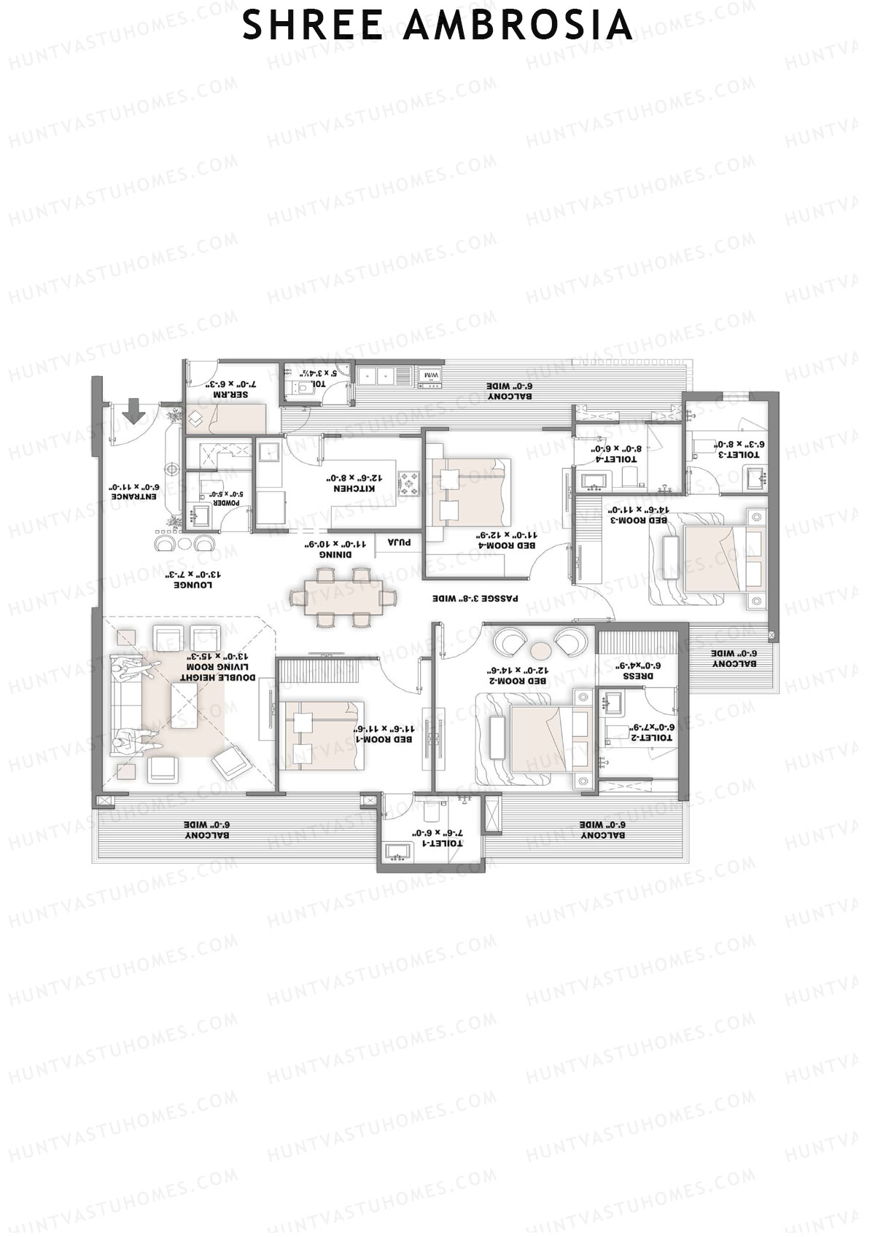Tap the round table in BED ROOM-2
pos(541,649)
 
